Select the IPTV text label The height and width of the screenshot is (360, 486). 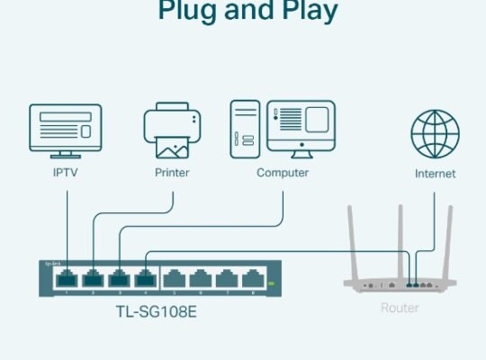[x=66, y=172]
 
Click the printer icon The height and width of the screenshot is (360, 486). [x=172, y=130]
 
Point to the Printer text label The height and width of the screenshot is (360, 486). [x=172, y=172]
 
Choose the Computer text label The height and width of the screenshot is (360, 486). [x=282, y=172]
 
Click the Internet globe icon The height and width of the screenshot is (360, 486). [x=435, y=132]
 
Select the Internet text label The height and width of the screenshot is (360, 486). [x=435, y=173]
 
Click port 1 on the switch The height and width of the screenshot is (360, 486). [x=66, y=278]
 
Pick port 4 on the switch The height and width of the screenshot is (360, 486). [x=144, y=278]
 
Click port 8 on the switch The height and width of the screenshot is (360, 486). [x=254, y=278]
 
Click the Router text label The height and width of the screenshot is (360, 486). [x=399, y=308]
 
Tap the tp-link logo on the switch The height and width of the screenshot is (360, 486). [x=53, y=264]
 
